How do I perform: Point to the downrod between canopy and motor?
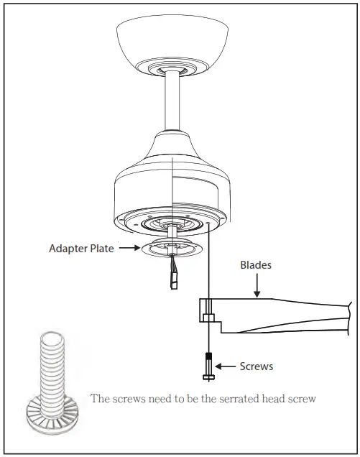click(x=172, y=101)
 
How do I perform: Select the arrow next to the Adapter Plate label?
click(x=127, y=249)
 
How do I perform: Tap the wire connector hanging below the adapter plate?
click(x=174, y=277)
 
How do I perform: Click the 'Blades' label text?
click(x=256, y=264)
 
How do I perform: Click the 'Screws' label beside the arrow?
click(x=256, y=366)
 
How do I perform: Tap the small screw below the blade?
click(x=208, y=367)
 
